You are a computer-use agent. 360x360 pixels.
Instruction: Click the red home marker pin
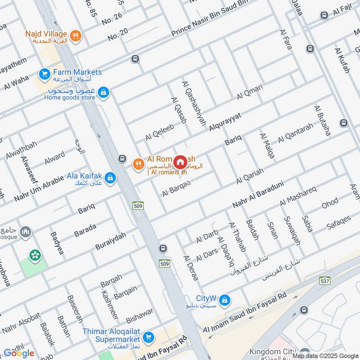tap(180, 162)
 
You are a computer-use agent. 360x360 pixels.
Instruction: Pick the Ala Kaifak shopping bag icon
tap(111, 179)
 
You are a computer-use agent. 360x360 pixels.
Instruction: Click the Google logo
tap(19, 353)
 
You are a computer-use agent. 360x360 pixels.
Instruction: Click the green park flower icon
tap(34, 255)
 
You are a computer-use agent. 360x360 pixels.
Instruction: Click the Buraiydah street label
tap(111, 241)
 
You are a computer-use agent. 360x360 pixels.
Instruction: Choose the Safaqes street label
tap(339, 223)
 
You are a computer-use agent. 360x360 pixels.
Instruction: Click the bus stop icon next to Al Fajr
tap(324, 15)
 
